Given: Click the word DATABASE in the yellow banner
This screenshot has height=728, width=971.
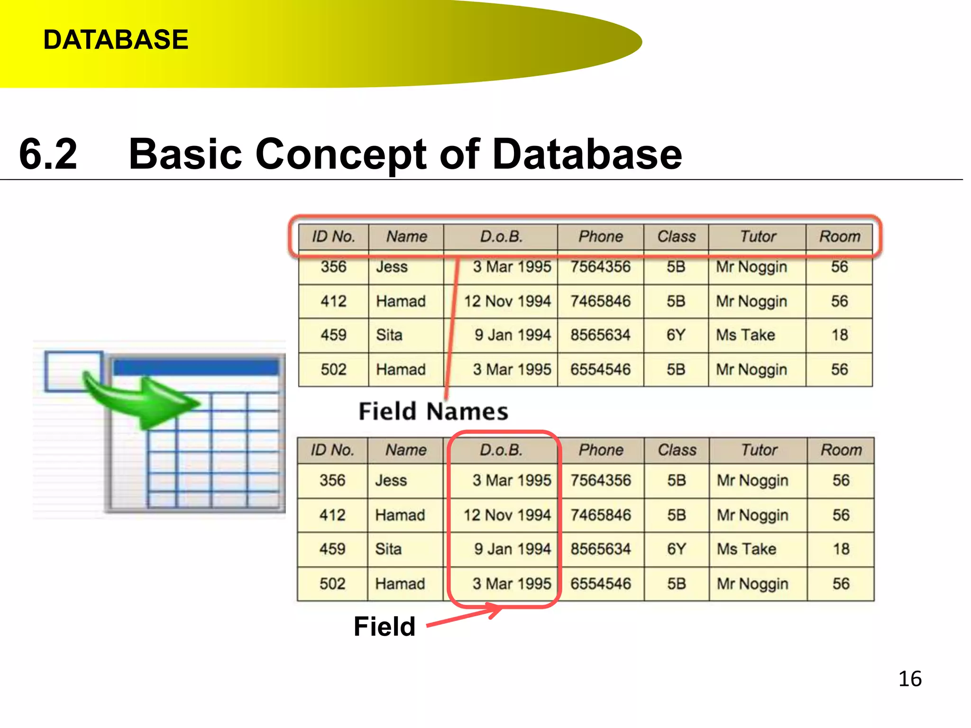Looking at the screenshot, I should (116, 39).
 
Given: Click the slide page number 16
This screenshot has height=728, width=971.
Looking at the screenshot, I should (909, 679).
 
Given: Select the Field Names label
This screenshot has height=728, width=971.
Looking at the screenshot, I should (433, 411).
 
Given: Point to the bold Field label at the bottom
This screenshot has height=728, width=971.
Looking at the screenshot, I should (384, 626).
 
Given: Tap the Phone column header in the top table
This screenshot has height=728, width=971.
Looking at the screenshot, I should (600, 237).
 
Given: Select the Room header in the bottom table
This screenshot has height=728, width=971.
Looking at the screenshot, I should (841, 450).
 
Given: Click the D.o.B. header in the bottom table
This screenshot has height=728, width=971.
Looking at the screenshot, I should (501, 450).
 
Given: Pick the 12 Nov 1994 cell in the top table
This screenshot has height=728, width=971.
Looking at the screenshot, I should (507, 301).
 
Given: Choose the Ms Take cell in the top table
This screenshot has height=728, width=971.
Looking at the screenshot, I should (745, 335).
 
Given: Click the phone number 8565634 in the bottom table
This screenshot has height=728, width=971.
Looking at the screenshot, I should (601, 549).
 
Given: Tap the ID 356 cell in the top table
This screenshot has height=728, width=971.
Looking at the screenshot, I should (333, 267).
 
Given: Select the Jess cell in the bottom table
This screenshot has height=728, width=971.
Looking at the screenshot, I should (391, 481).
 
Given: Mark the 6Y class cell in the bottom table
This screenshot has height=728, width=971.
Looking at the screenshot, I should (676, 549).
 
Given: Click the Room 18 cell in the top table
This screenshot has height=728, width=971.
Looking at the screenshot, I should (839, 335).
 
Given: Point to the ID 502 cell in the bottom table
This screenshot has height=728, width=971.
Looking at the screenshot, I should (332, 583).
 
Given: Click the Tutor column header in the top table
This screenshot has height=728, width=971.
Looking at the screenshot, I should (758, 237).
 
